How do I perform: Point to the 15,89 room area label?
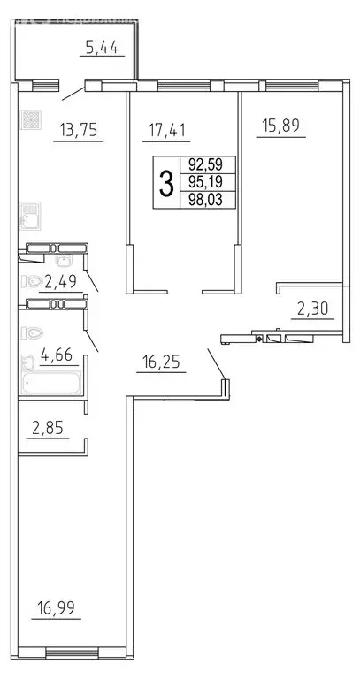pyautogui.click(x=280, y=125)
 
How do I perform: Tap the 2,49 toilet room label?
pyautogui.click(x=60, y=282)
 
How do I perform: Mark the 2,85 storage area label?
pyautogui.click(x=48, y=430)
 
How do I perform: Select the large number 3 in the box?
pyautogui.click(x=165, y=183)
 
